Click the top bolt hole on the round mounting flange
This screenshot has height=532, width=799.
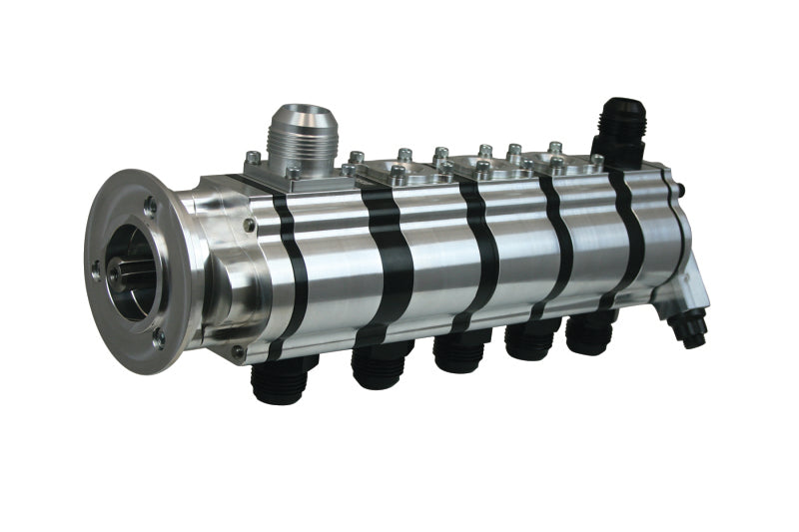point(150,206)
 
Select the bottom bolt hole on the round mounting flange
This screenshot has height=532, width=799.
point(159,338)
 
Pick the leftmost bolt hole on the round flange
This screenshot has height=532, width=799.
point(96,267)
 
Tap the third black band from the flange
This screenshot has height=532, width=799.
point(474,250)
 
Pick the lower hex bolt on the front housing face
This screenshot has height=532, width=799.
point(238,350)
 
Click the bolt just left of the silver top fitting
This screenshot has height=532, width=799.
point(254,158)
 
